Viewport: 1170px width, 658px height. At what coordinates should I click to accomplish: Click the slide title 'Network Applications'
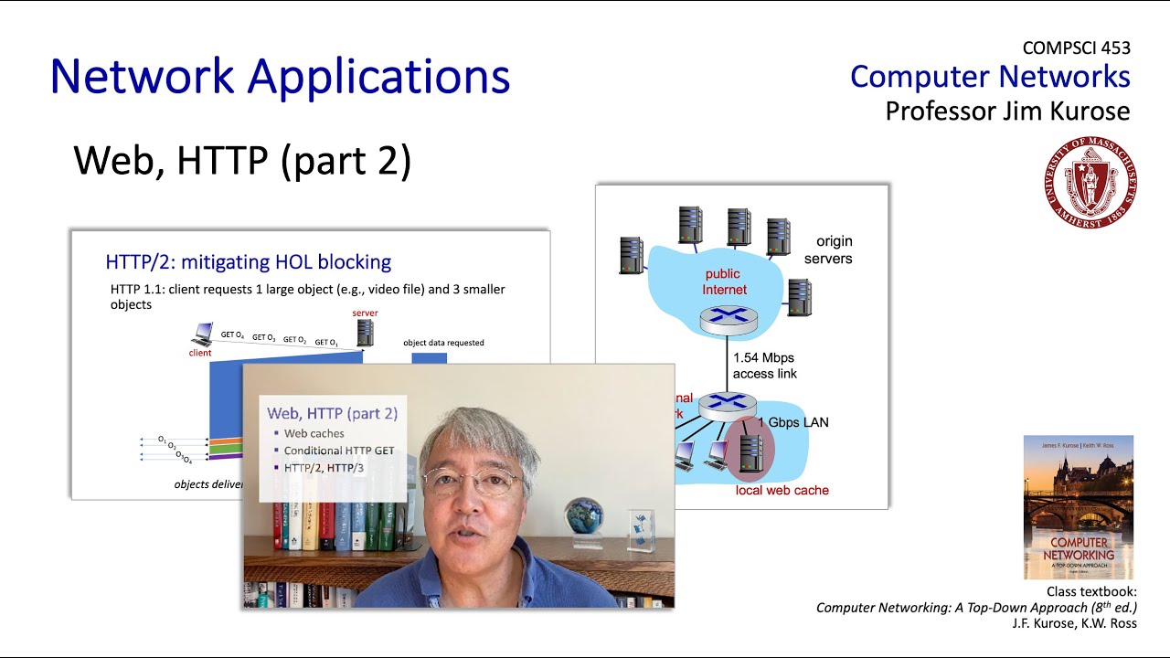(x=280, y=77)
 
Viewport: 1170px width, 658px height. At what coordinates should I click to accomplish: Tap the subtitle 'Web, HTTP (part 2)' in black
(x=242, y=161)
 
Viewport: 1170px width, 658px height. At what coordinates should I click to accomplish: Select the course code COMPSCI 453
(x=1076, y=48)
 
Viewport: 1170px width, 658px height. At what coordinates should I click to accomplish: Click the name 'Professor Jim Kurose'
(x=1007, y=111)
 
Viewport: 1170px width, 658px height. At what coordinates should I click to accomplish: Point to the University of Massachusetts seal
(x=1090, y=182)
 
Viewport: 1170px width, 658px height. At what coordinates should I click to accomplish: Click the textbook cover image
(x=1078, y=506)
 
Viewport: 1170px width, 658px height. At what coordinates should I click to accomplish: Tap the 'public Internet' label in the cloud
(x=724, y=281)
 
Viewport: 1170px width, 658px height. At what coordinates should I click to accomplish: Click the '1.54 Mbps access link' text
(x=764, y=366)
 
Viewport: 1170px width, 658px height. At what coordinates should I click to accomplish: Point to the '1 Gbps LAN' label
(x=792, y=422)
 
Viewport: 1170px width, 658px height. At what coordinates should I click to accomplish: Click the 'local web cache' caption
(x=782, y=490)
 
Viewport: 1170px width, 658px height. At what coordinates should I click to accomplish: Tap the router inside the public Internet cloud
(x=728, y=319)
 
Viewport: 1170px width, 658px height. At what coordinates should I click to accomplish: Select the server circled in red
(x=750, y=451)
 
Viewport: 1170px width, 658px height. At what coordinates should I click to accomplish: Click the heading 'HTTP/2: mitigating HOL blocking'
(x=248, y=262)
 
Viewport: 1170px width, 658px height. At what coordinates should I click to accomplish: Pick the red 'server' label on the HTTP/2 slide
(x=365, y=313)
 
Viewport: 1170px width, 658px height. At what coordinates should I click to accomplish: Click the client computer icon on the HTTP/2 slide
(x=202, y=334)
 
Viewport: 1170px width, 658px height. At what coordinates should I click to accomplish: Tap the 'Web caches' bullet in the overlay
(x=314, y=433)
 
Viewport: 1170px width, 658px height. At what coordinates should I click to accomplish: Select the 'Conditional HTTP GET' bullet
(x=339, y=451)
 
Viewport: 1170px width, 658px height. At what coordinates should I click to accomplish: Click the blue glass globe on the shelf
(x=582, y=518)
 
